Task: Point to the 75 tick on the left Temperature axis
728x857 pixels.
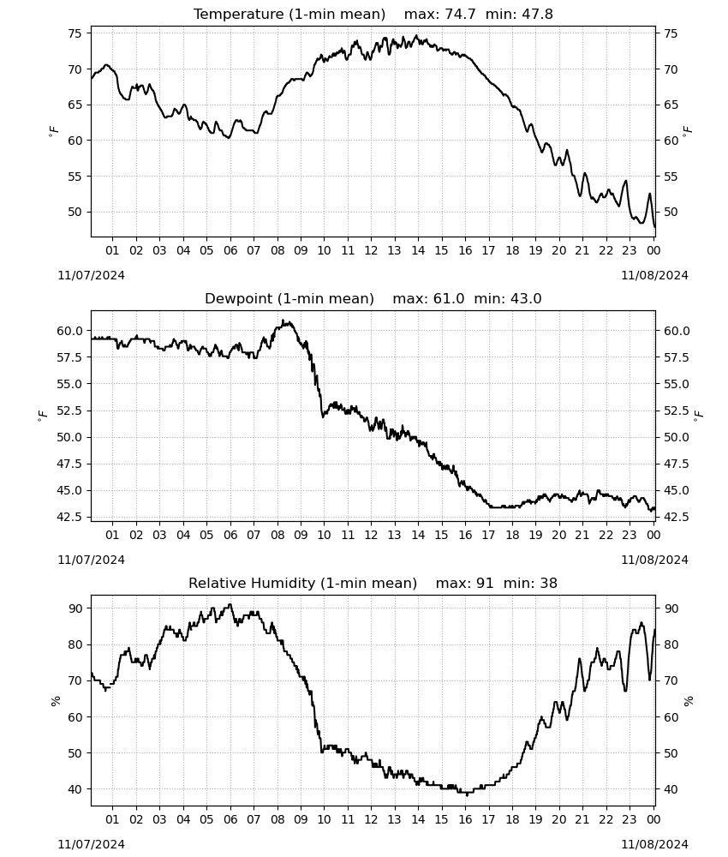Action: [75, 33]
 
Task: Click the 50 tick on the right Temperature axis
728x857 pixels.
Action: [671, 212]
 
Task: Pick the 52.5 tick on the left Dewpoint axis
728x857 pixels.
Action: [69, 411]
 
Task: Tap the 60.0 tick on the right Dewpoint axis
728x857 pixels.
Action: [677, 331]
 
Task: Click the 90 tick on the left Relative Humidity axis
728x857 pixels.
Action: [75, 608]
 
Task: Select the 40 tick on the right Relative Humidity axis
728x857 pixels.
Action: [671, 789]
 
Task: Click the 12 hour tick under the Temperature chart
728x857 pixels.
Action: [371, 250]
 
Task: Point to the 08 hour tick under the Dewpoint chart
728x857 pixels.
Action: [277, 535]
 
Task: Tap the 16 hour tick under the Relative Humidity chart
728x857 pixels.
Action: [465, 819]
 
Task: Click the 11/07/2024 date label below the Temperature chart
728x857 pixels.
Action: [91, 275]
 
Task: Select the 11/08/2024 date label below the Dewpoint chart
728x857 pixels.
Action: [655, 560]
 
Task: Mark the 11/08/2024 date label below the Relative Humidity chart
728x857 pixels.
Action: [655, 844]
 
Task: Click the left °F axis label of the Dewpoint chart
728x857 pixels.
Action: [43, 417]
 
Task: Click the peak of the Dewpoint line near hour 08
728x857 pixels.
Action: [283, 321]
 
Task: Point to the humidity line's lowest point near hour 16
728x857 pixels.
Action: [467, 795]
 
